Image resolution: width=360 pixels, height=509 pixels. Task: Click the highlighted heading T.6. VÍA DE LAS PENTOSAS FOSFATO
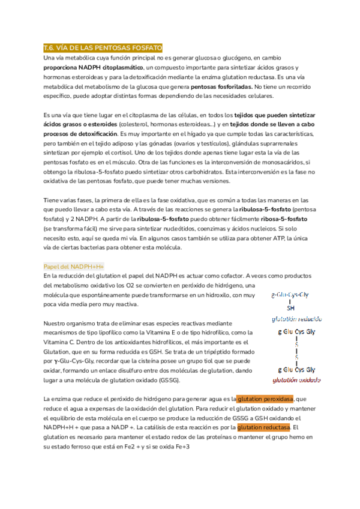click(103, 47)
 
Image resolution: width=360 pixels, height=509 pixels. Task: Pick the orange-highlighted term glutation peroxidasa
click(265, 399)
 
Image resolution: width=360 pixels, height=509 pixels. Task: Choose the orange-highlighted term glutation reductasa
click(263, 427)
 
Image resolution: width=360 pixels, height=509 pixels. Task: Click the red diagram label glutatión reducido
click(296, 319)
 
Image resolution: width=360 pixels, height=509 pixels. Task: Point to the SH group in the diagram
click(292, 308)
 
